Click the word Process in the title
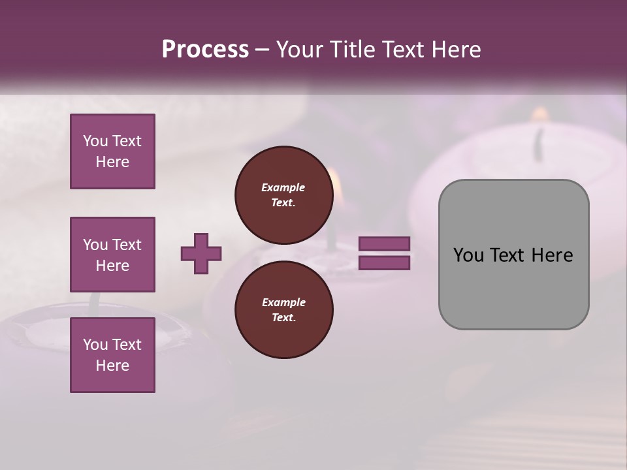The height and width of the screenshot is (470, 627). point(205,50)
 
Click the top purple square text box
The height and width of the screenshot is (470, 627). point(112,151)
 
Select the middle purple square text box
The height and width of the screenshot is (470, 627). point(112,255)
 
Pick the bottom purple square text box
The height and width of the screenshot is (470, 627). point(112,355)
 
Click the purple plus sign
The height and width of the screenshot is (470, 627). point(201,253)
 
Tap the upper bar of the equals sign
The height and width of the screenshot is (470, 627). point(385,243)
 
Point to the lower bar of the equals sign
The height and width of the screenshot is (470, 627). point(385,263)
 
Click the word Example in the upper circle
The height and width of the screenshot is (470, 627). point(283,187)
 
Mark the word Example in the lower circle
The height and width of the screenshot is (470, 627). point(283,302)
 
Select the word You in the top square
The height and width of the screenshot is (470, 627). point(95,141)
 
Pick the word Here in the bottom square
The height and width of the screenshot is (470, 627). point(112,366)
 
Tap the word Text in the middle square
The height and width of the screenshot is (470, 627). point(126,245)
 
